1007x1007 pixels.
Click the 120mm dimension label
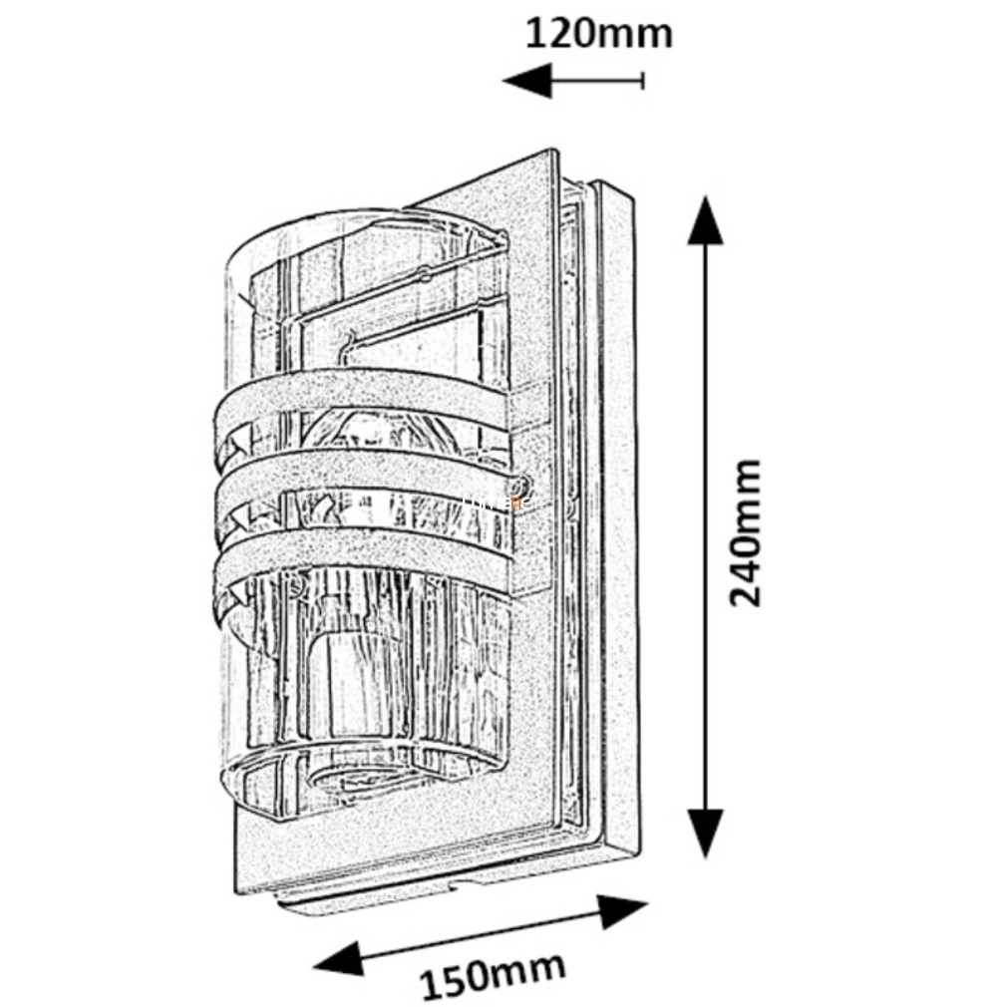(598, 35)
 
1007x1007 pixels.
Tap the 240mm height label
(745, 531)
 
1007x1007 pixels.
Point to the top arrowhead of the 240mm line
(706, 219)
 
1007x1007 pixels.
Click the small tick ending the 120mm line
(643, 79)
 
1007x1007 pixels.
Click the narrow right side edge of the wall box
(618, 518)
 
